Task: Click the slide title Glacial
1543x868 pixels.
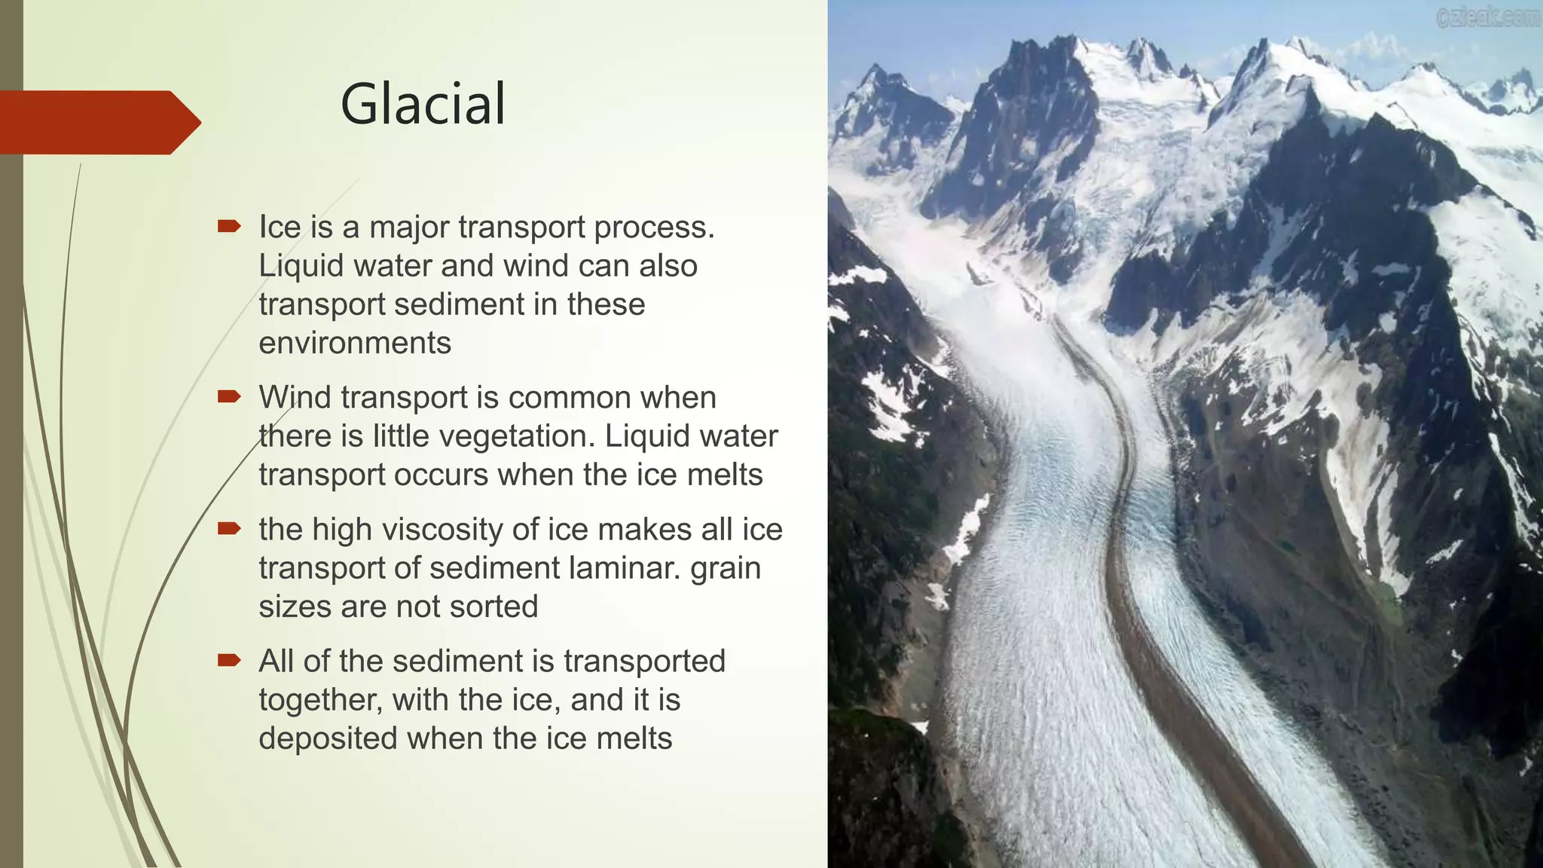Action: [x=423, y=104]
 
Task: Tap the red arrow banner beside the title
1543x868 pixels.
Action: [x=98, y=122]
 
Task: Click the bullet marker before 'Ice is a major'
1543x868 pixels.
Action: [x=228, y=226]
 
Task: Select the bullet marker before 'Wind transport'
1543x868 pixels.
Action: [x=228, y=396]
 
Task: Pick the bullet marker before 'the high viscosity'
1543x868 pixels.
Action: [x=228, y=528]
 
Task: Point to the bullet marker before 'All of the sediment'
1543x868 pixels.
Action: [x=228, y=661]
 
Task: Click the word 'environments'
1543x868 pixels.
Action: [x=355, y=344]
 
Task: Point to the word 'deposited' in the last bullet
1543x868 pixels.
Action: [x=328, y=738]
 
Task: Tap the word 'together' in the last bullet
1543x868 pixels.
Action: [x=320, y=700]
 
